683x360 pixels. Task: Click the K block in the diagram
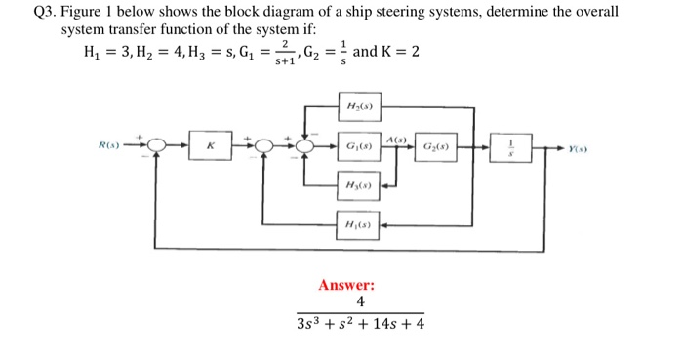pyautogui.click(x=210, y=146)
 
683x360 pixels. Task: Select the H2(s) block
pyautogui.click(x=358, y=105)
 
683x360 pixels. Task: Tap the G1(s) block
pyautogui.click(x=358, y=146)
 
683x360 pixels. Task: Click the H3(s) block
pyautogui.click(x=358, y=184)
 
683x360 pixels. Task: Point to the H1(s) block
pyautogui.click(x=358, y=225)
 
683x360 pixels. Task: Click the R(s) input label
pyautogui.click(x=110, y=147)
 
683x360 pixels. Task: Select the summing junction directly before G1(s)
pyautogui.click(x=306, y=146)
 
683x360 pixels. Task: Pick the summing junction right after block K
pyautogui.click(x=262, y=146)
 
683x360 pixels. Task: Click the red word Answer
pyautogui.click(x=346, y=285)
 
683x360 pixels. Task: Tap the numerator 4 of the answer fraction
pyautogui.click(x=360, y=302)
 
